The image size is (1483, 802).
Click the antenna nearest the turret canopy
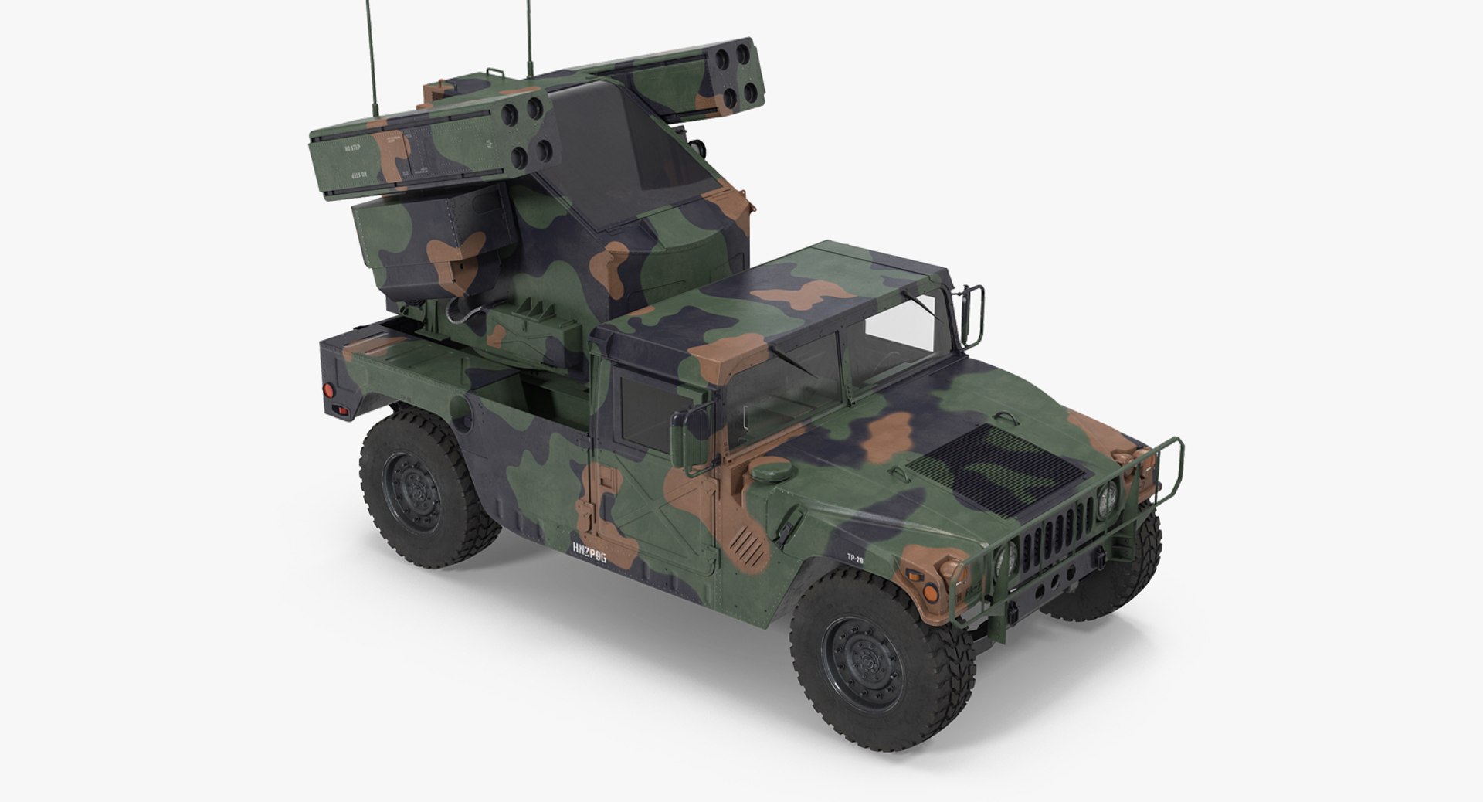[x=531, y=35]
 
